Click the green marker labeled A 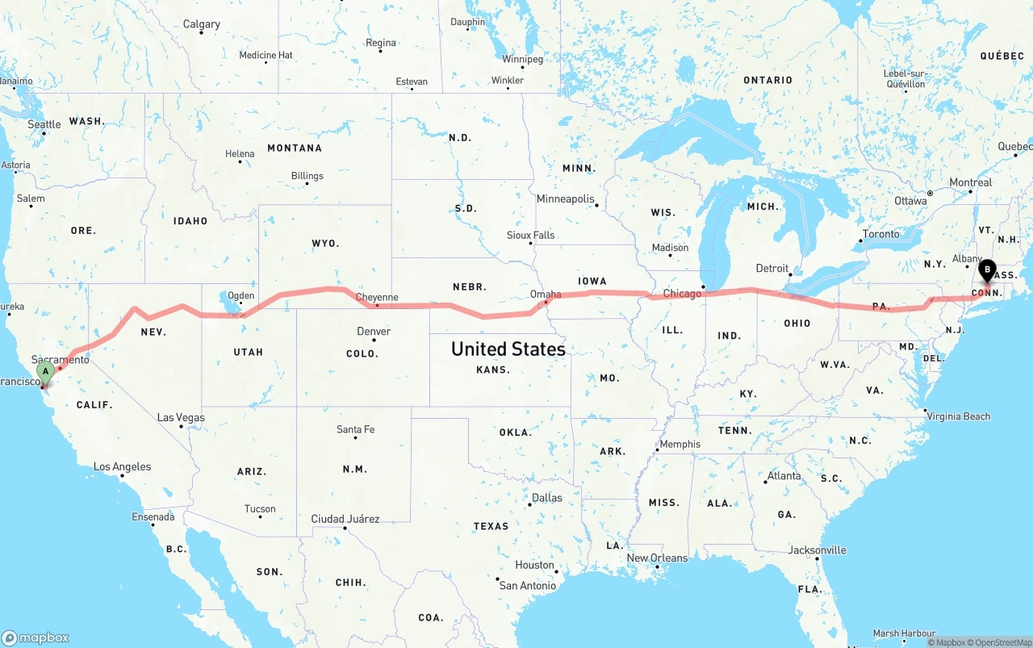click(46, 371)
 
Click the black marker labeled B click(987, 270)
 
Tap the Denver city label click(374, 331)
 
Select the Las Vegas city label click(181, 417)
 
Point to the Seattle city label click(44, 124)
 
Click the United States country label click(508, 349)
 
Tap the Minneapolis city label click(565, 199)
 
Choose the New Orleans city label click(657, 558)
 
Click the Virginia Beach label click(960, 416)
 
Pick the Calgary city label click(202, 24)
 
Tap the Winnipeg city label click(522, 59)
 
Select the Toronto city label click(880, 234)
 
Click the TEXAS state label click(491, 526)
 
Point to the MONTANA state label click(295, 148)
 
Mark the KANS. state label click(492, 370)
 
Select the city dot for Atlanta click(765, 482)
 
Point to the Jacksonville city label click(817, 550)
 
